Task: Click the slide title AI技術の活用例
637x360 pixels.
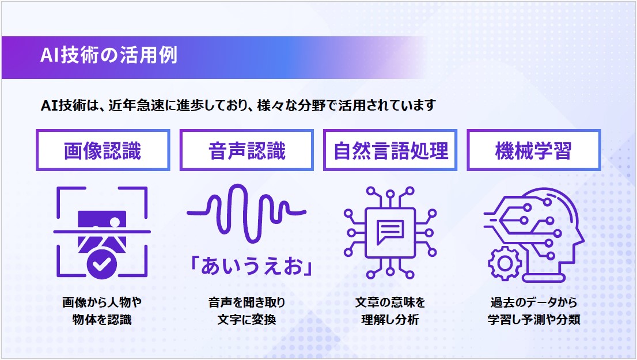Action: (x=109, y=55)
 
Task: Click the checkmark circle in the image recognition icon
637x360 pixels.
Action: (x=102, y=264)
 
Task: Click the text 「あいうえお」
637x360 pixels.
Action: (x=251, y=266)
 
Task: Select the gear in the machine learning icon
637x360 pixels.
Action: (x=505, y=263)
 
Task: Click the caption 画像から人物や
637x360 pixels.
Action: (x=102, y=302)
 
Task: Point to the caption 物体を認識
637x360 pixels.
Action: (x=102, y=320)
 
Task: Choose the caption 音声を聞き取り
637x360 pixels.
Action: (x=247, y=302)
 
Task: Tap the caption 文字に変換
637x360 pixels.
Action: (x=247, y=320)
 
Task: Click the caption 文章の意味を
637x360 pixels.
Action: (x=390, y=302)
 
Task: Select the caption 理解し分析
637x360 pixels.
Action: (x=390, y=320)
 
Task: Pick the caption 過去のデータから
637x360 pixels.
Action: (x=533, y=302)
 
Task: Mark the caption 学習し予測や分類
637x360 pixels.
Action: (x=533, y=320)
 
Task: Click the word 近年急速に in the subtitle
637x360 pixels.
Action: (x=142, y=105)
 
